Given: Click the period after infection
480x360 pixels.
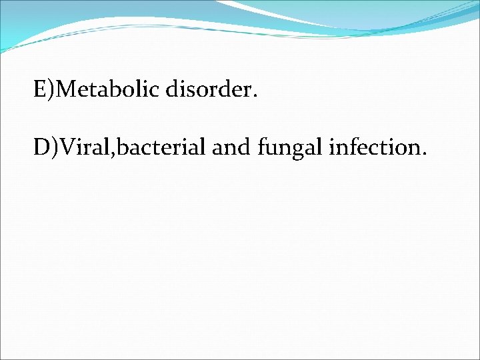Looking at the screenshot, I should point(423,154).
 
